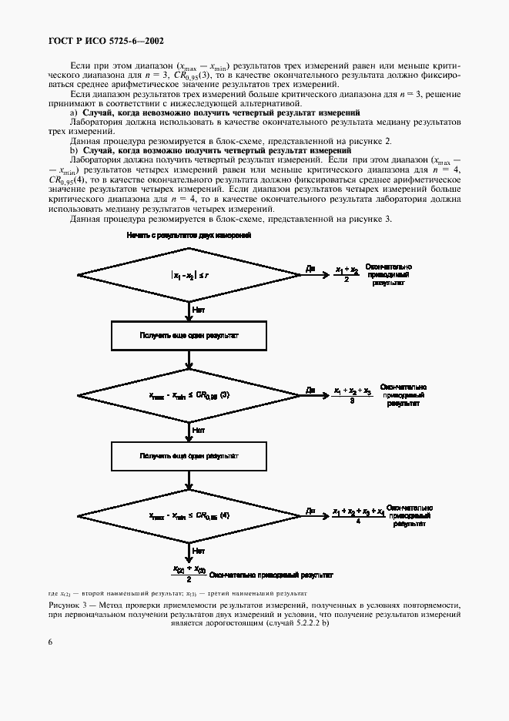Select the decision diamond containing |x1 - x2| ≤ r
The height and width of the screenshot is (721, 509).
coord(189,275)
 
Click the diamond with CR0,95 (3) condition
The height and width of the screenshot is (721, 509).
coord(189,395)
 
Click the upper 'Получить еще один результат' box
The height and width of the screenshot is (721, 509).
coord(189,336)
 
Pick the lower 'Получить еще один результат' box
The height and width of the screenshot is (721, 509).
coord(189,455)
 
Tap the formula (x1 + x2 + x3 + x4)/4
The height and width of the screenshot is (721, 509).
coord(358,515)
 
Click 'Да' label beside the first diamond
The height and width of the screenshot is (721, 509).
coord(310,269)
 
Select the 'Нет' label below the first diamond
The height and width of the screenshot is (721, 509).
coord(198,309)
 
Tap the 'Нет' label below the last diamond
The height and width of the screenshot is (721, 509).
coord(198,551)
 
